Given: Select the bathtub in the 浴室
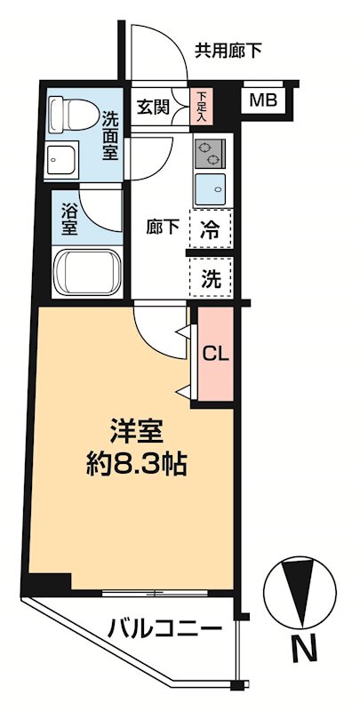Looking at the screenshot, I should [x=86, y=269].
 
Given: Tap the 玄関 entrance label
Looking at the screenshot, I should [x=153, y=107].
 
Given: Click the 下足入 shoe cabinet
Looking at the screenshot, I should [x=202, y=107].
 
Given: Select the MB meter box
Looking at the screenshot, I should [x=261, y=100].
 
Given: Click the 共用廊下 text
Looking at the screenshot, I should [x=228, y=51].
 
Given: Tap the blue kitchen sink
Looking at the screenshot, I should [x=212, y=188].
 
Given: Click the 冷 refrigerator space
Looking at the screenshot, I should [x=210, y=227].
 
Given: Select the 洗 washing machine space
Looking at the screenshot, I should [x=210, y=276].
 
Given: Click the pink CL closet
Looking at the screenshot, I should [x=216, y=353].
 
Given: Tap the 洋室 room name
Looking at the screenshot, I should [x=135, y=431].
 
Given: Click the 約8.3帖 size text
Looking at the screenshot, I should [x=135, y=465].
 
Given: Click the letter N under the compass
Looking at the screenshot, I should [x=304, y=651].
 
